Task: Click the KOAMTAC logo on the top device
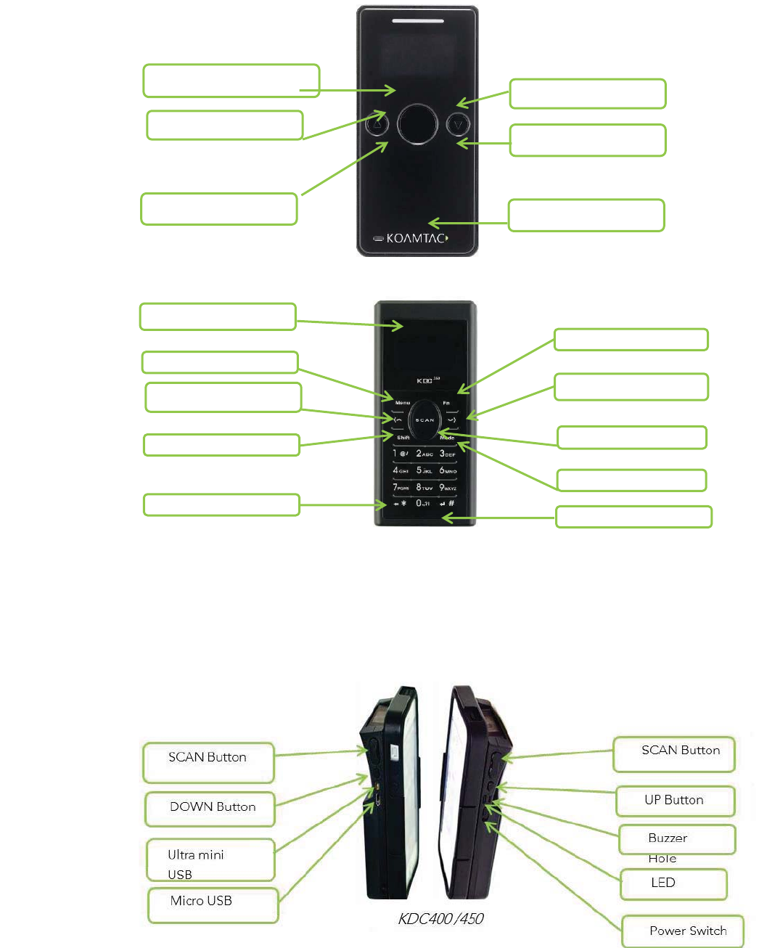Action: [416, 238]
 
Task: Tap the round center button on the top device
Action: [417, 124]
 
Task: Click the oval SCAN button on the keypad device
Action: [424, 420]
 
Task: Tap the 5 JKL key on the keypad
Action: [424, 470]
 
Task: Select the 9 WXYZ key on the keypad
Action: [448, 488]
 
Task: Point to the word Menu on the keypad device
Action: [403, 402]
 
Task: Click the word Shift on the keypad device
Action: [403, 438]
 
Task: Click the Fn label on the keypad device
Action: [446, 402]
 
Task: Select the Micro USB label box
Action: [213, 904]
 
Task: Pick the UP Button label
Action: [675, 801]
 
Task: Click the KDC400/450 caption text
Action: [440, 919]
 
